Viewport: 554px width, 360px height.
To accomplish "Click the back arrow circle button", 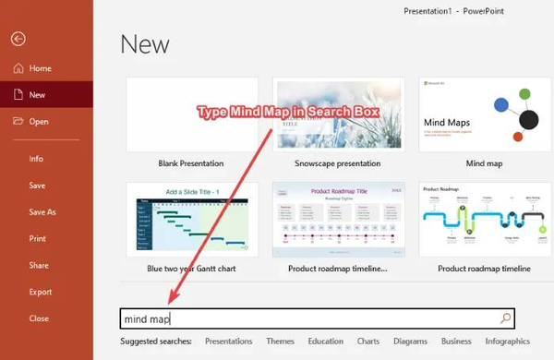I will tap(18, 39).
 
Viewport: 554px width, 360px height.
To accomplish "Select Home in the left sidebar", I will tap(40, 68).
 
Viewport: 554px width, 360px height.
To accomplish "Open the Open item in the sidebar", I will tap(38, 121).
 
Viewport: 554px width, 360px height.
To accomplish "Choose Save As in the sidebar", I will tap(42, 212).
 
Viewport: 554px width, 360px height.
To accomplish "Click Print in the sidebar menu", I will tap(38, 238).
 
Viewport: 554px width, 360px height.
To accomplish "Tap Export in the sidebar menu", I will tap(41, 292).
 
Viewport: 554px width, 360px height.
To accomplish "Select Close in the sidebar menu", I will tap(39, 318).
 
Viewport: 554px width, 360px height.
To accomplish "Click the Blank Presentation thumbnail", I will tap(191, 114).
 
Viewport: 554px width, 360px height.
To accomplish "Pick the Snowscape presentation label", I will tap(336, 163).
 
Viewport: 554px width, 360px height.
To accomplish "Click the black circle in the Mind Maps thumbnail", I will tap(529, 119).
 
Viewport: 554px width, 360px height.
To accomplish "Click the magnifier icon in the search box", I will tap(504, 318).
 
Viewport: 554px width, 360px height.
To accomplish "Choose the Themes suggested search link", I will tap(280, 342).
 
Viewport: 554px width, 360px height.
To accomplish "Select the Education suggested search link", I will tap(325, 342).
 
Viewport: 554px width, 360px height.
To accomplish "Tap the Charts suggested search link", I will tap(368, 342).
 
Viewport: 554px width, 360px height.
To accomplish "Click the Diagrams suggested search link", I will tap(410, 342).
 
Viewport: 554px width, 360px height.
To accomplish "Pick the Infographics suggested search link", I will tap(507, 342).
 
